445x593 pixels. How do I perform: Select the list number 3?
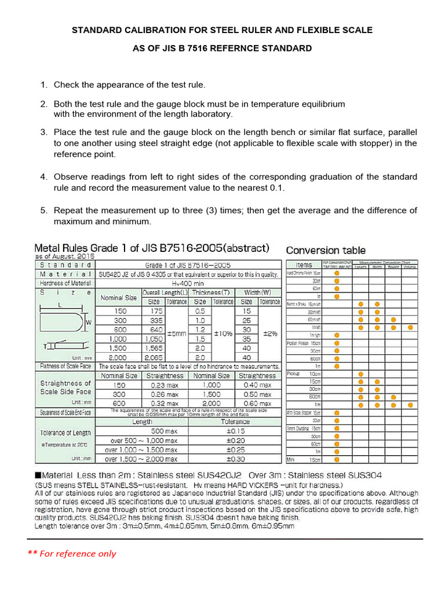pyautogui.click(x=43, y=132)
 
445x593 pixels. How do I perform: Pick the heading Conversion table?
pyautogui.click(x=326, y=250)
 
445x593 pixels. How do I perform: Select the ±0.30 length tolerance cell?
pyautogui.click(x=235, y=458)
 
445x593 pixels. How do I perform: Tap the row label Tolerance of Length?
pyautogui.click(x=65, y=433)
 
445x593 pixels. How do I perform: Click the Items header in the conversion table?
pyautogui.click(x=304, y=265)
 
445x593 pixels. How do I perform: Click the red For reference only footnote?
pyautogui.click(x=72, y=553)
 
